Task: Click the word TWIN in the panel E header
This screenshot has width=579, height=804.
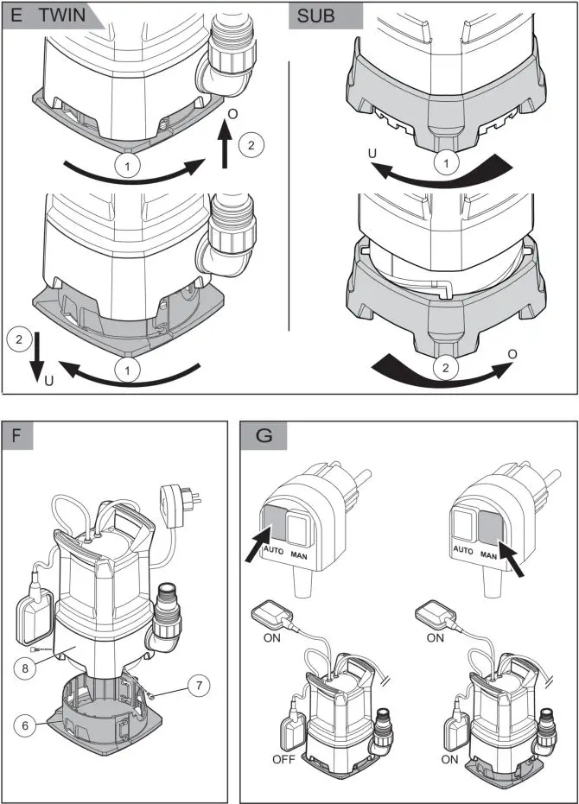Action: coord(66,17)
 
